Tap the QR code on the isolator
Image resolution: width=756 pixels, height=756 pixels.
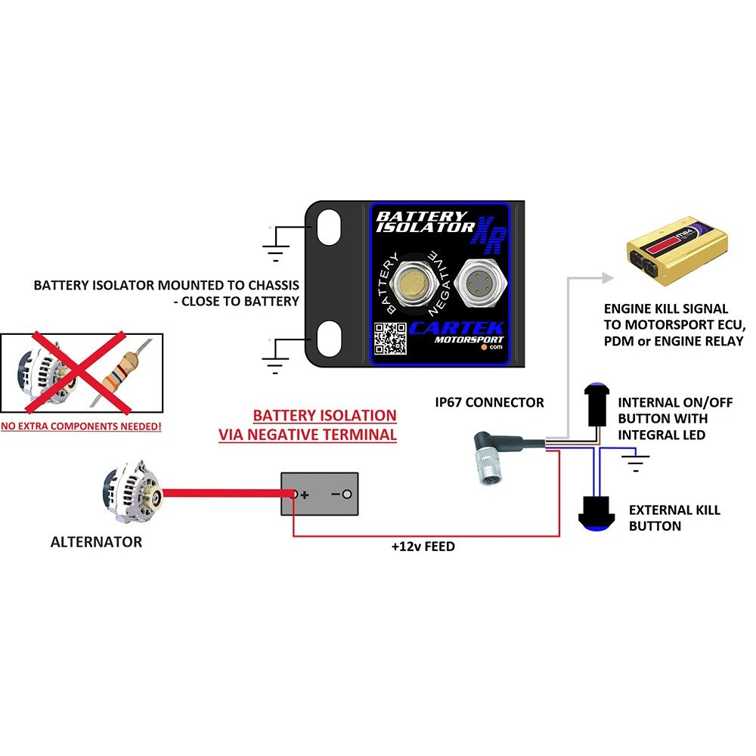point(391,338)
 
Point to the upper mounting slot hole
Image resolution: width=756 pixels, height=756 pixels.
point(327,226)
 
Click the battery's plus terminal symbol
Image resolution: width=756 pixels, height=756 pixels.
point(304,495)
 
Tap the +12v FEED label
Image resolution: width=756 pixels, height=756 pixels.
point(423,546)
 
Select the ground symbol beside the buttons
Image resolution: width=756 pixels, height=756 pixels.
point(639,462)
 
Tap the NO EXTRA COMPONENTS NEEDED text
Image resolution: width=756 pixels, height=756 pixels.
point(81,427)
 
